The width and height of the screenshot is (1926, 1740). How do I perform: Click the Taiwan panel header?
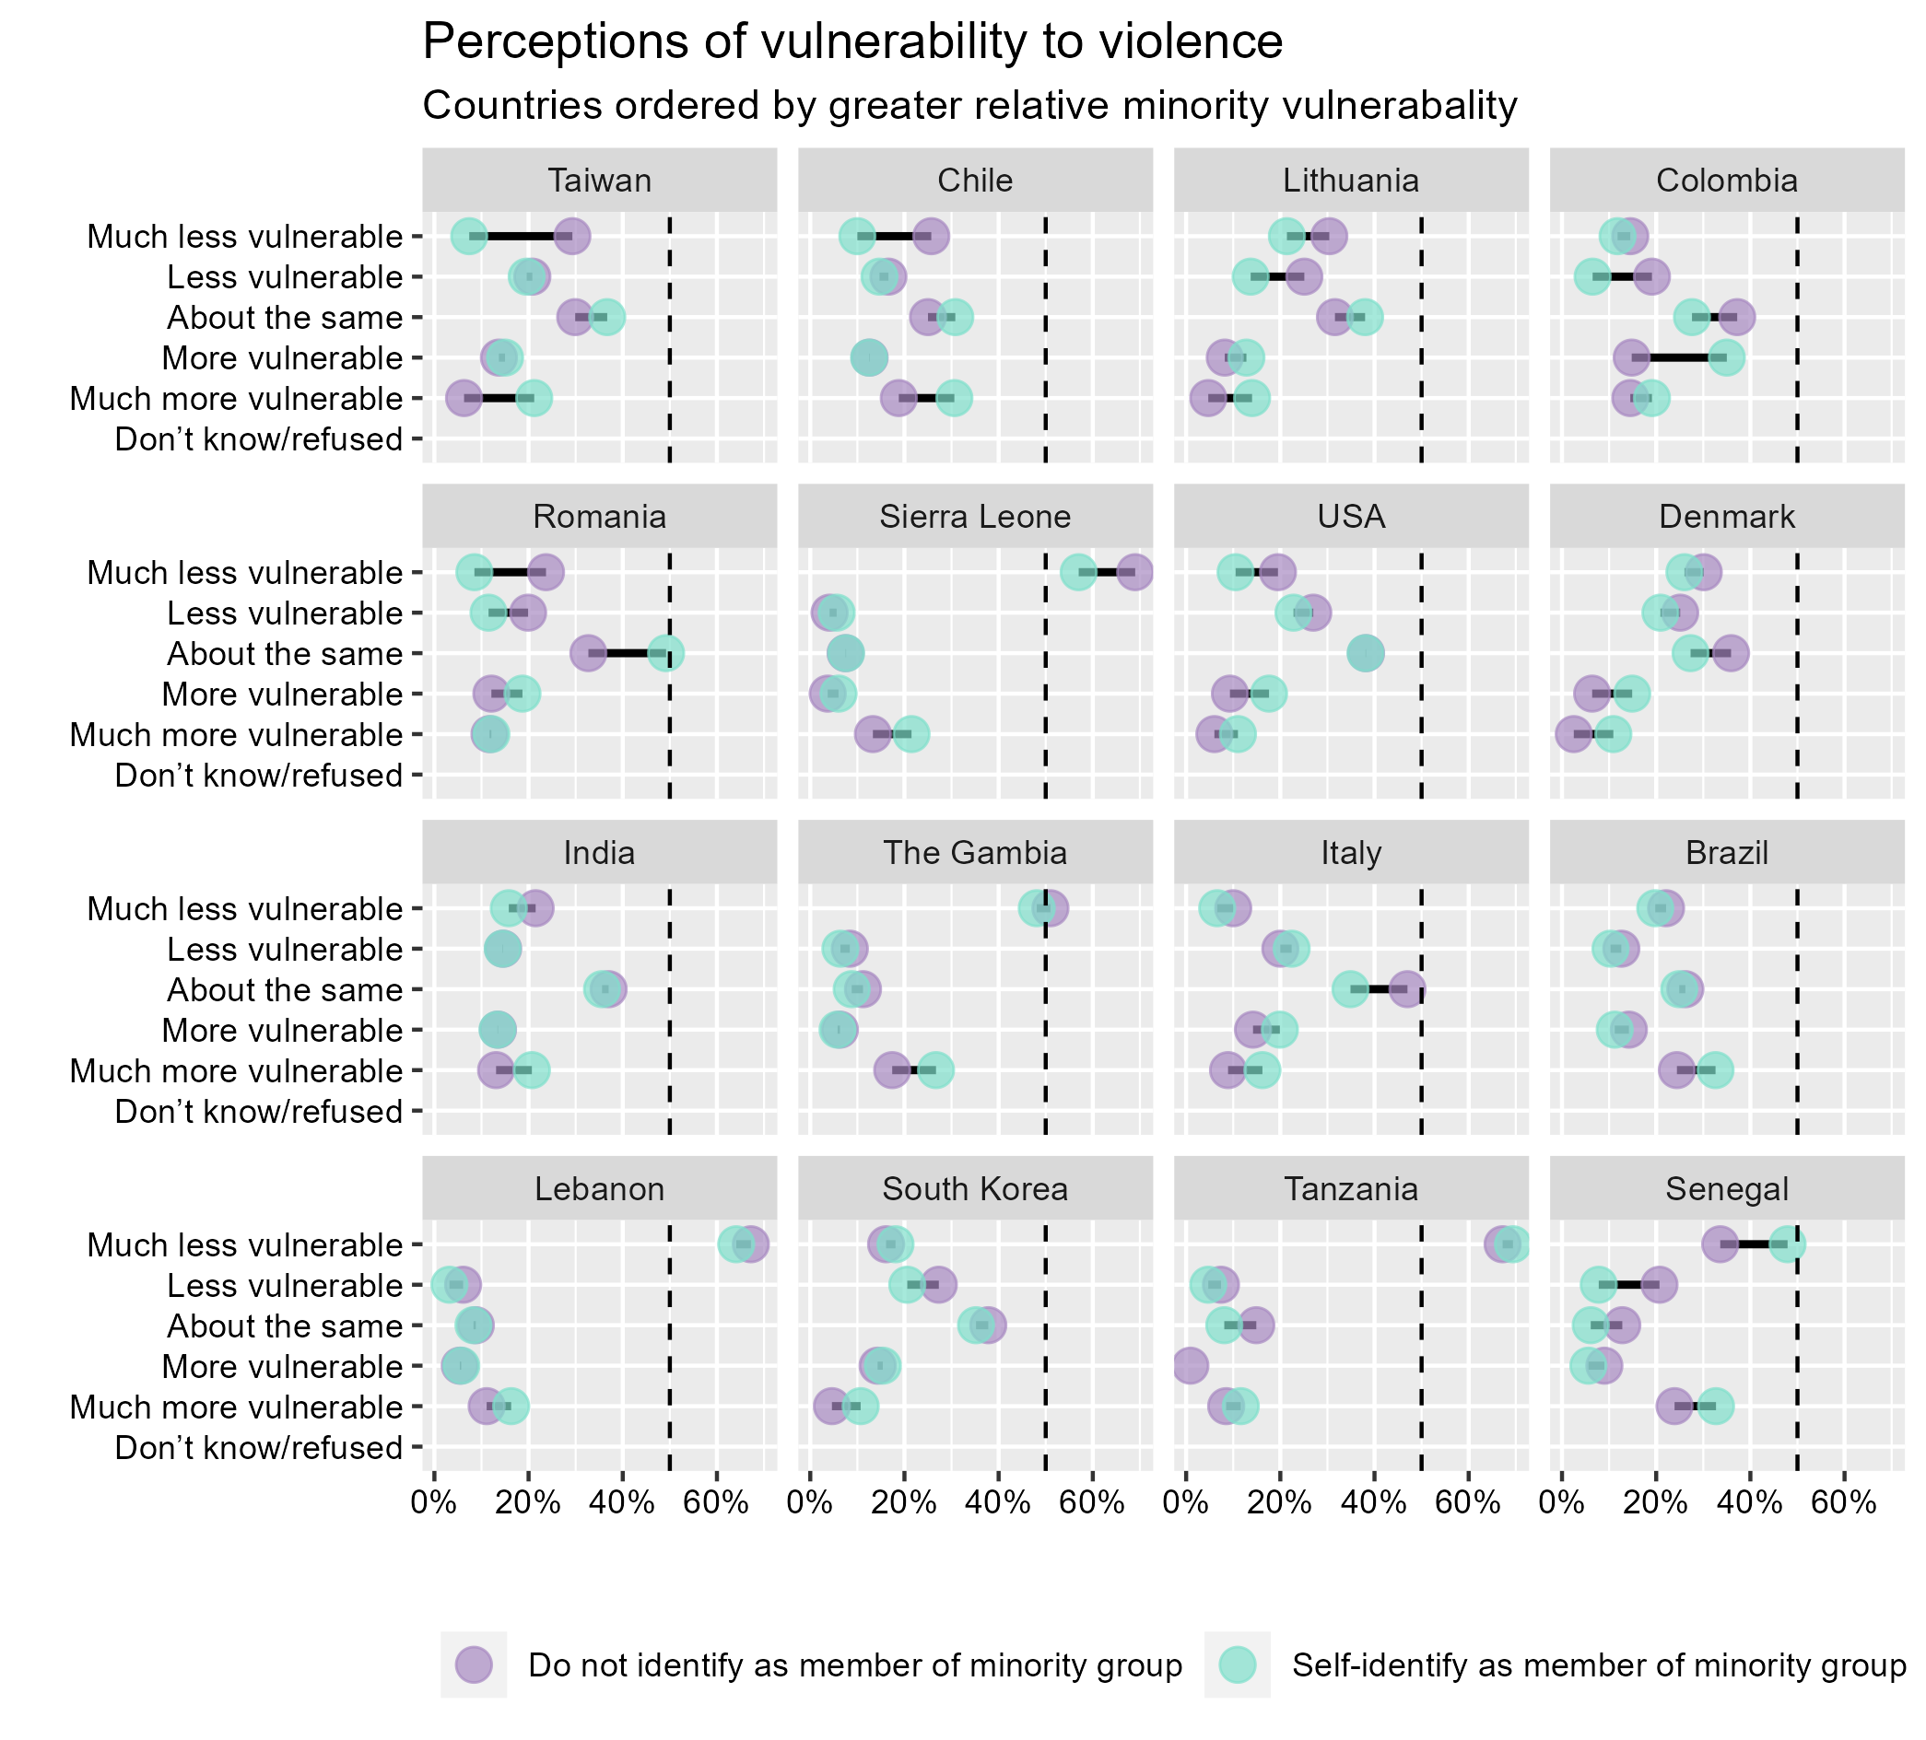coord(599,181)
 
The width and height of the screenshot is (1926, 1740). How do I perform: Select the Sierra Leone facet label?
coord(974,517)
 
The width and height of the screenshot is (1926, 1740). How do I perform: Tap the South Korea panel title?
coord(974,1189)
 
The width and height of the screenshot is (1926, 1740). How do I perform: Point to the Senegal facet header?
coord(1726,1189)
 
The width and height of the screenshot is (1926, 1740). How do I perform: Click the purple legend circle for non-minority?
coord(474,1664)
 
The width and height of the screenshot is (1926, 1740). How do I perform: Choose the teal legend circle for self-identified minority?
coord(1238,1664)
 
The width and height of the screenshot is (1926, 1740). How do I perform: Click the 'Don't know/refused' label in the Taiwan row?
coord(258,440)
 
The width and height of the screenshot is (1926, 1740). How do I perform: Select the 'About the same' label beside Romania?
coord(285,654)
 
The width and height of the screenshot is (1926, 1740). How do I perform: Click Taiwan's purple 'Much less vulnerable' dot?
coord(571,236)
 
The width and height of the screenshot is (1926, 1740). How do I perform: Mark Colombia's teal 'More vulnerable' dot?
coord(1725,358)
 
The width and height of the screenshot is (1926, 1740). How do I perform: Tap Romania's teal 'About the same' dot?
coord(665,654)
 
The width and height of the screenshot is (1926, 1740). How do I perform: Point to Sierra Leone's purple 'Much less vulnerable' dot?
coord(1134,573)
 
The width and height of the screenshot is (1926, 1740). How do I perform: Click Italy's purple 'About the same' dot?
coord(1406,990)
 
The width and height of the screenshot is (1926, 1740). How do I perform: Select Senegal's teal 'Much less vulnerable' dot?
coord(1787,1244)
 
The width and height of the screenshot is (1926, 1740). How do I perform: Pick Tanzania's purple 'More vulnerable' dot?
coord(1189,1367)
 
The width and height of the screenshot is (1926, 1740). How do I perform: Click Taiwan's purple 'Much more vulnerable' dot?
coord(464,398)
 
